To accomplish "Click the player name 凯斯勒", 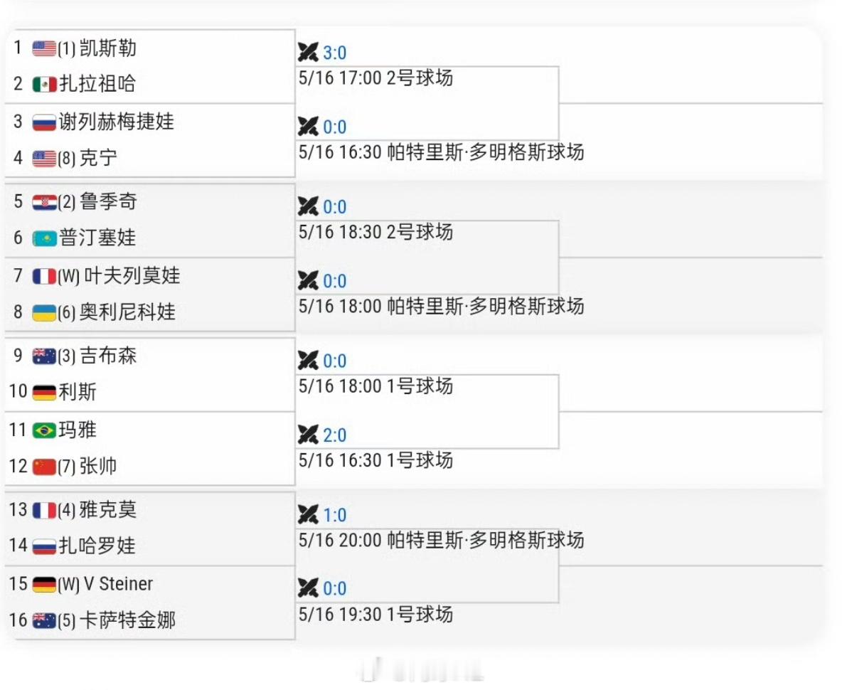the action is click(108, 48).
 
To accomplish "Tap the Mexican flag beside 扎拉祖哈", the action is click(45, 85).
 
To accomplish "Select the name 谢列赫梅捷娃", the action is click(117, 122).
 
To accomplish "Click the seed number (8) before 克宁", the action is click(67, 159).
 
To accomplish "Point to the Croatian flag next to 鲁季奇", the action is click(45, 203).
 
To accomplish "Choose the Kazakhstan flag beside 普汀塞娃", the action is click(45, 238).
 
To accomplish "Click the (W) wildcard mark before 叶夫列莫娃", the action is click(69, 277).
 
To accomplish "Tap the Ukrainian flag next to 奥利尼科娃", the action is click(45, 312).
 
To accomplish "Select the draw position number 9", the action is click(18, 356).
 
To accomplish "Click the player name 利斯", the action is click(78, 392).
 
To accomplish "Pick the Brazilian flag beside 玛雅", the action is click(45, 430).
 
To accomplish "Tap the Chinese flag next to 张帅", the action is click(45, 467).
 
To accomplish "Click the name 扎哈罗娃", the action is click(97, 546).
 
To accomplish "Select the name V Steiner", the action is click(118, 584).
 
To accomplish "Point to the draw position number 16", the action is click(18, 620).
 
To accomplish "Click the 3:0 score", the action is click(334, 53).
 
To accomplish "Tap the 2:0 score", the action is click(334, 435).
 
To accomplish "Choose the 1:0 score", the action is click(334, 515).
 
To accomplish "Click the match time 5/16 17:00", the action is click(340, 78).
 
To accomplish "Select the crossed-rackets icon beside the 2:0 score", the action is click(308, 435).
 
